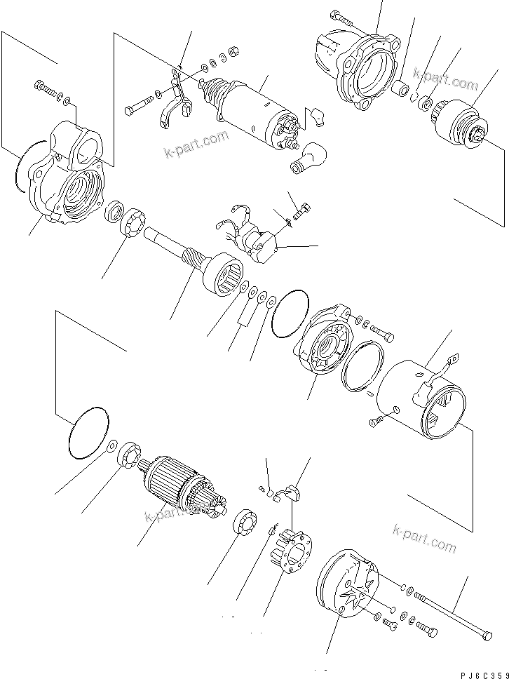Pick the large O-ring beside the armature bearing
(x=88, y=432)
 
